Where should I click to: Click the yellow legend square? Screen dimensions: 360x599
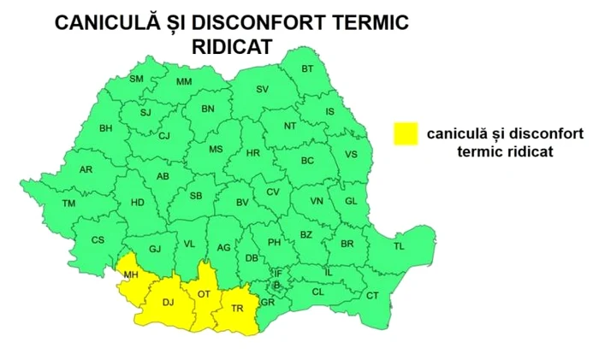tap(405, 133)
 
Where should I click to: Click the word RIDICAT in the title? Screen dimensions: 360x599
tap(231, 48)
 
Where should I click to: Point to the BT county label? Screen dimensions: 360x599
tap(308, 68)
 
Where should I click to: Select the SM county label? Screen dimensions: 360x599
tap(136, 79)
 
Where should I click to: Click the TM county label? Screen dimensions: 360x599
tap(68, 204)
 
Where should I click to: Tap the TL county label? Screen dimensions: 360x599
tap(399, 246)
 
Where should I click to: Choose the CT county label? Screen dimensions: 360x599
tap(372, 295)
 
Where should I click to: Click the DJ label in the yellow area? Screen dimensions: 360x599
tap(168, 301)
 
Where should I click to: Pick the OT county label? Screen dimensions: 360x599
tap(204, 293)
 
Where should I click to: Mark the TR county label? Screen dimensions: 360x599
tap(237, 308)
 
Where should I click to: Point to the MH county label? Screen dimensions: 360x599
tap(131, 274)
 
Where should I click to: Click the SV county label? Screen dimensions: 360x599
tap(263, 89)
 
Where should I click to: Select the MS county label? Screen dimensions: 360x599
tap(216, 149)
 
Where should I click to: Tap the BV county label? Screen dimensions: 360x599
tap(242, 203)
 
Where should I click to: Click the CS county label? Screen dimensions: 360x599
tap(98, 240)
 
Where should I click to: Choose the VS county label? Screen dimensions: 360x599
tap(351, 155)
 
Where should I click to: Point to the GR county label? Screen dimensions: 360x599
tap(268, 302)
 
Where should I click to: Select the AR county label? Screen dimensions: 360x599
tap(86, 169)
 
